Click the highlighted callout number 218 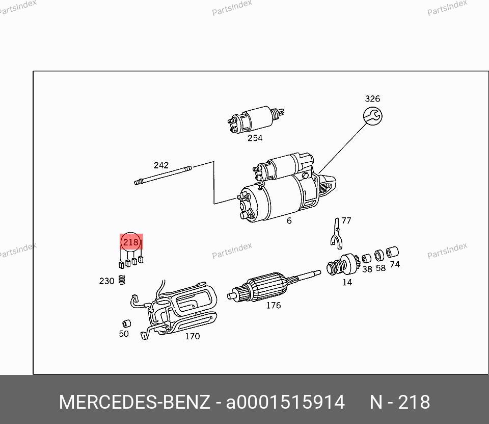coord(131,242)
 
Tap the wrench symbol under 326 coord(373,116)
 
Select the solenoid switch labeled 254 coord(255,119)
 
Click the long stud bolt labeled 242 coord(163,176)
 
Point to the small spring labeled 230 coord(122,280)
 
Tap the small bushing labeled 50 coord(126,323)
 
